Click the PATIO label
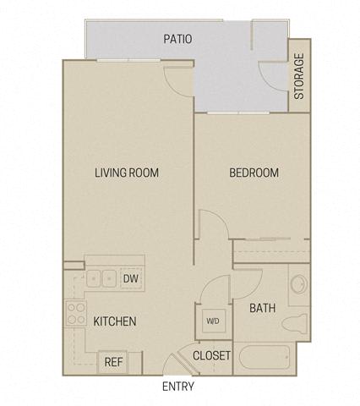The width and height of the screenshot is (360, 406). (x=177, y=39)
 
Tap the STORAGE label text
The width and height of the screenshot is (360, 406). (x=299, y=76)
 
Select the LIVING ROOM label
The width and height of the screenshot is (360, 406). (x=127, y=173)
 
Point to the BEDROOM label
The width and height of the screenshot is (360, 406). (x=254, y=173)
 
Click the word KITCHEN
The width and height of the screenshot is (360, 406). (x=115, y=321)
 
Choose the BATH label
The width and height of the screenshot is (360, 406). (x=263, y=308)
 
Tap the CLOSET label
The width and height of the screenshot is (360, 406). (x=211, y=356)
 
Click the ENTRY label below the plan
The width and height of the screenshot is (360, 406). (x=178, y=387)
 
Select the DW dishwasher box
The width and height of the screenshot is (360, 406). (x=131, y=279)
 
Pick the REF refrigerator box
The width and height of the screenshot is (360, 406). (x=113, y=362)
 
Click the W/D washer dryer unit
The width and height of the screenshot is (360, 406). (x=214, y=321)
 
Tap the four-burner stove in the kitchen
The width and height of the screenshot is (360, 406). (x=76, y=314)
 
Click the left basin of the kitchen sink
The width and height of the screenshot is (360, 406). (x=94, y=279)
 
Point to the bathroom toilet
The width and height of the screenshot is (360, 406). (x=294, y=324)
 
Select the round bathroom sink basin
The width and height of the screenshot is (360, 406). (x=299, y=284)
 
